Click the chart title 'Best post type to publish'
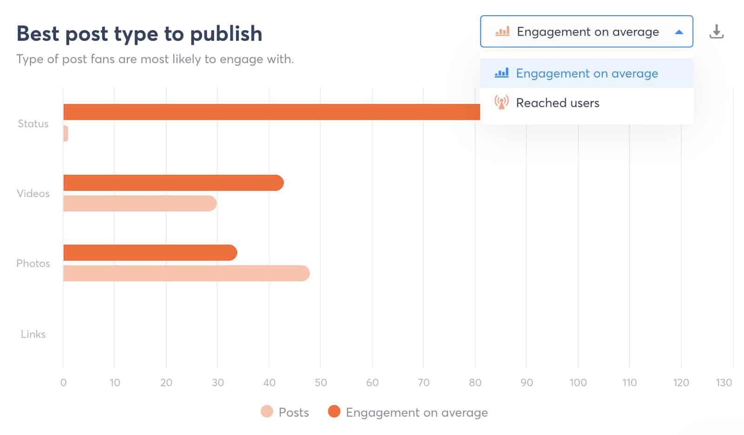point(139,33)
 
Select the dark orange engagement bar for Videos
point(173,183)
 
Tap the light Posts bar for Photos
point(186,273)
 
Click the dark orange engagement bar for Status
point(271,112)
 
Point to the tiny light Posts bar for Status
point(66,134)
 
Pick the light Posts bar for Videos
point(139,203)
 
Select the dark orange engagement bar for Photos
point(150,253)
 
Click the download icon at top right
point(716,32)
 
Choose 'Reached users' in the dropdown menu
point(558,103)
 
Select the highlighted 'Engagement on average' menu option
point(587,74)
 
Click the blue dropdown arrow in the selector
point(678,32)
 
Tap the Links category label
point(33,334)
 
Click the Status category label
point(33,124)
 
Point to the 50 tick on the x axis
point(320,382)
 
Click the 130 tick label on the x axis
point(724,382)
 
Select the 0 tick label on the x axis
point(63,382)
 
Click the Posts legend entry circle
point(267,412)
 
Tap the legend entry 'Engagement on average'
point(417,412)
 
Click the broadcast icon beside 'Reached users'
point(501,102)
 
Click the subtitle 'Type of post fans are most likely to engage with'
point(155,59)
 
